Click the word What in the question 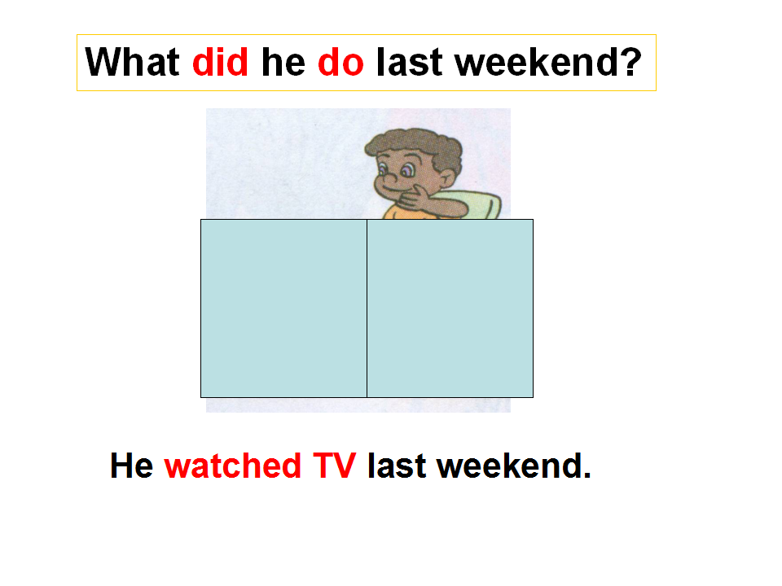pos(132,63)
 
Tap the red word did pos(220,62)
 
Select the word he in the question pos(283,62)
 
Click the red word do pos(340,63)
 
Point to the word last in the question pos(409,62)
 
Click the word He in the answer pos(132,466)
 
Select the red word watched pos(232,466)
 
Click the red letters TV pos(334,466)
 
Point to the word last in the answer pos(397,466)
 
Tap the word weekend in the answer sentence pos(508,466)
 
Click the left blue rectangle pos(283,308)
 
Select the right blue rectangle pos(450,308)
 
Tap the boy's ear pos(446,178)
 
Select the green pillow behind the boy pos(479,204)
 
